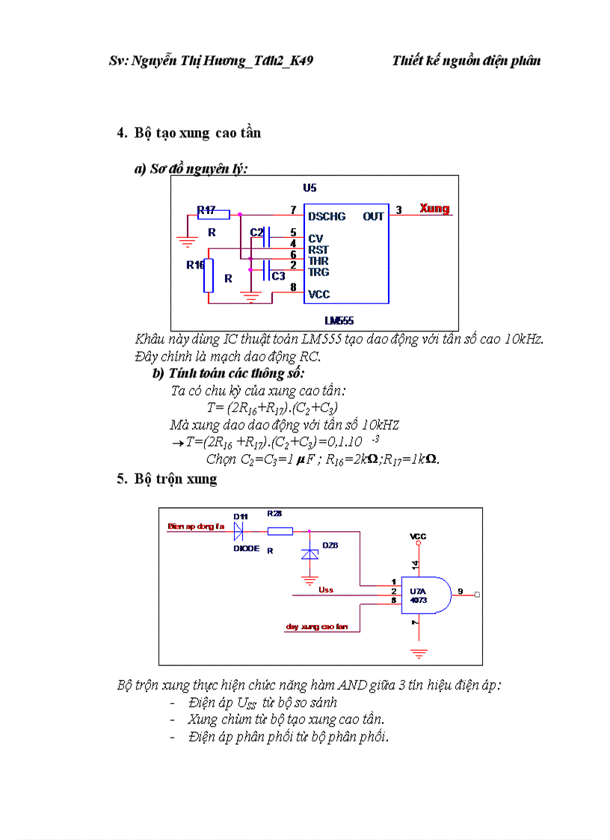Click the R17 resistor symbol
click(213, 214)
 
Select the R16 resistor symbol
click(209, 275)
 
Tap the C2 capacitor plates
click(269, 233)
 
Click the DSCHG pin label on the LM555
click(327, 216)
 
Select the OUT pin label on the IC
click(373, 216)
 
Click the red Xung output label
click(434, 208)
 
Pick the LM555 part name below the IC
click(339, 321)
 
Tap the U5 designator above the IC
click(309, 188)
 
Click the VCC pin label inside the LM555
click(318, 295)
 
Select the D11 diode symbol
click(240, 531)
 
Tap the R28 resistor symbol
click(280, 531)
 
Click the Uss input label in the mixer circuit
click(326, 590)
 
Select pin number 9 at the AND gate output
click(460, 591)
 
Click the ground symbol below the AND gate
click(419, 653)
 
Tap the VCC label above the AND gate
click(419, 537)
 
